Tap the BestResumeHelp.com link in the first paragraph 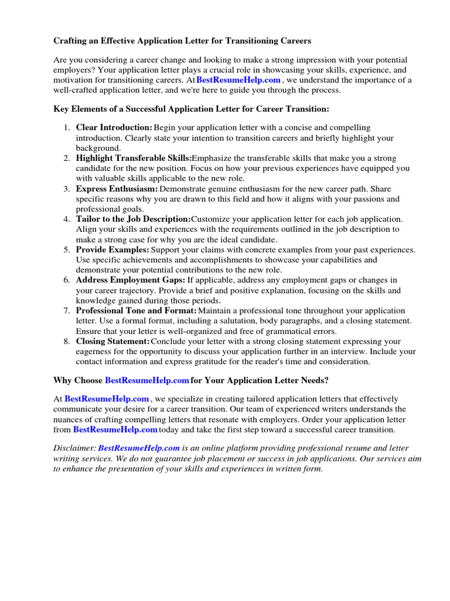tap(238, 80)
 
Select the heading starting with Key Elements tap(191, 109)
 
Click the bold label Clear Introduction tap(114, 128)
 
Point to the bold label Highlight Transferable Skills tap(134, 158)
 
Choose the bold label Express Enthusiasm tap(117, 189)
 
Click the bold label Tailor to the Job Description tap(133, 219)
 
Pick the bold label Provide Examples tap(112, 249)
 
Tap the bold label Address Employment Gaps tap(130, 280)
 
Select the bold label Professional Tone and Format tap(137, 310)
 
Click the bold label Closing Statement tap(112, 341)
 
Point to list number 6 tap(67, 280)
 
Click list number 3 tap(67, 189)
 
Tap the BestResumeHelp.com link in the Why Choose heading tap(146, 380)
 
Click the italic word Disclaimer tap(74, 448)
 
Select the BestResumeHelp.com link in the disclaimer tap(139, 448)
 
